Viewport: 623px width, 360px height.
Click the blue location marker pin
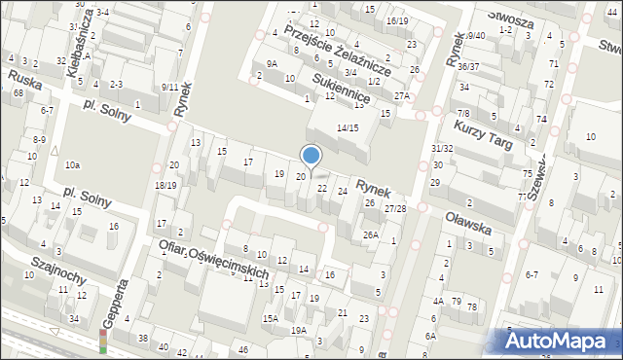click(x=311, y=156)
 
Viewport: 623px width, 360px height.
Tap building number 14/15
click(x=348, y=128)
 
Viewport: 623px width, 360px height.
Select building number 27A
click(x=402, y=96)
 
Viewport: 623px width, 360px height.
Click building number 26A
click(x=371, y=234)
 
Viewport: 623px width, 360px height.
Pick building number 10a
click(x=73, y=165)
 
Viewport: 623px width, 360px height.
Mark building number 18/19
click(x=165, y=185)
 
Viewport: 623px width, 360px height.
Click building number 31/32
click(x=442, y=148)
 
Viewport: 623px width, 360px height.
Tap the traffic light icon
click(x=104, y=341)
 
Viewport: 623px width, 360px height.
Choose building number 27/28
click(x=394, y=209)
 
